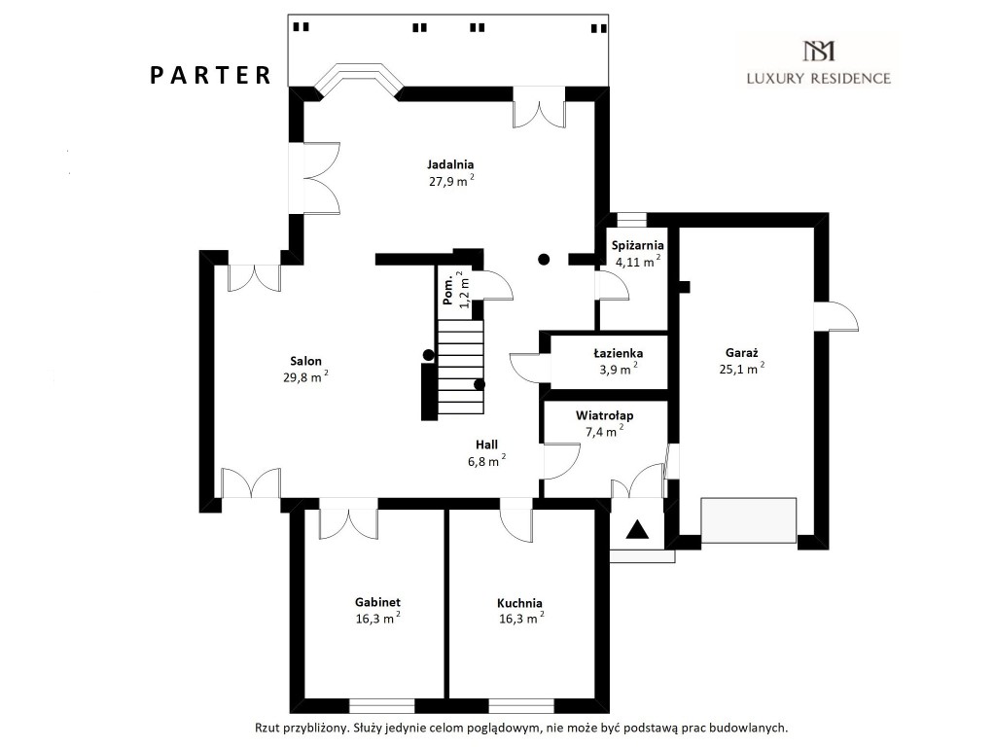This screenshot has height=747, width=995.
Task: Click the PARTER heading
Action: (x=211, y=75)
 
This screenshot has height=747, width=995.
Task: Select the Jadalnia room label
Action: (x=450, y=164)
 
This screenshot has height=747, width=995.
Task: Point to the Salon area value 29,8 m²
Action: (x=305, y=377)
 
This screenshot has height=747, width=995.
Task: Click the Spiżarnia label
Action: (x=638, y=246)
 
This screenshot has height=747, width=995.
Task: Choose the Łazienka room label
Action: (x=618, y=353)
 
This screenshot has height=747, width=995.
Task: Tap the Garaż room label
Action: (x=742, y=353)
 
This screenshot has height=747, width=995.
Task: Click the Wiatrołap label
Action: (x=605, y=415)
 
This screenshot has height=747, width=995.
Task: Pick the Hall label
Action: (x=486, y=445)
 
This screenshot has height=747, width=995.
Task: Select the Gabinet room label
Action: (x=377, y=602)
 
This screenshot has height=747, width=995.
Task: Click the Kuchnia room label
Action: (x=519, y=603)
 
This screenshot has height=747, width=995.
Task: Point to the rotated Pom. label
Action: (x=448, y=290)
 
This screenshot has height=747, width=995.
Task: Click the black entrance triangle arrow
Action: (x=637, y=529)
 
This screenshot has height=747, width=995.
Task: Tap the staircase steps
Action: (x=461, y=367)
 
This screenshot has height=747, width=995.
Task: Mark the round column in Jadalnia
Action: (x=544, y=259)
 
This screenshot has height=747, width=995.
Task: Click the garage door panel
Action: (x=749, y=520)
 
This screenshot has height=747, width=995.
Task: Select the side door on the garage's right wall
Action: (x=835, y=316)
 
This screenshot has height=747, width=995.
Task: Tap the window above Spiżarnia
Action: (x=631, y=220)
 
